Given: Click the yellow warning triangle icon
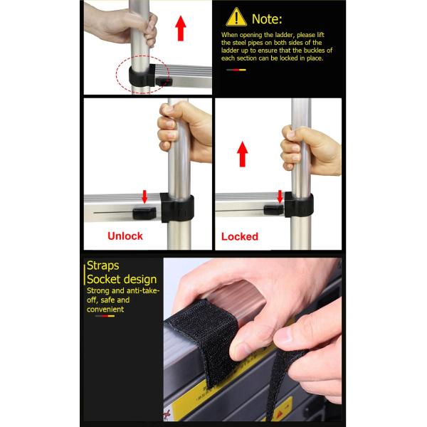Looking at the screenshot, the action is coord(236,17).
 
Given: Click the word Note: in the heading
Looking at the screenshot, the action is coord(267,19).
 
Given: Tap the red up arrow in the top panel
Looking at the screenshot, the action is coord(180,28).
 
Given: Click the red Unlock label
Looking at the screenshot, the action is coord(125,236).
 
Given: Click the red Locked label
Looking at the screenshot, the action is coord(240,236).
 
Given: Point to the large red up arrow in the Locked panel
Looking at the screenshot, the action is coord(243,154).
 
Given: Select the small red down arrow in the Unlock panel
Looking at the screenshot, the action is coord(144,196).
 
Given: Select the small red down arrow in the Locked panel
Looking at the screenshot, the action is coord(280,196).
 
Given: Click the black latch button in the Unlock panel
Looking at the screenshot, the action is coord(144,213).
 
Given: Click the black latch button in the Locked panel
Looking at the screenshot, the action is coord(274,210).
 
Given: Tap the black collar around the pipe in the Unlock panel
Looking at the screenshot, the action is coord(177,208).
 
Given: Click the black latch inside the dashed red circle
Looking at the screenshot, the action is coord(164,81).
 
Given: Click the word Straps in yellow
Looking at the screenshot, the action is coord(103,265).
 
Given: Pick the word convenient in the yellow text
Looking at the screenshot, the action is coord(105,310).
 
